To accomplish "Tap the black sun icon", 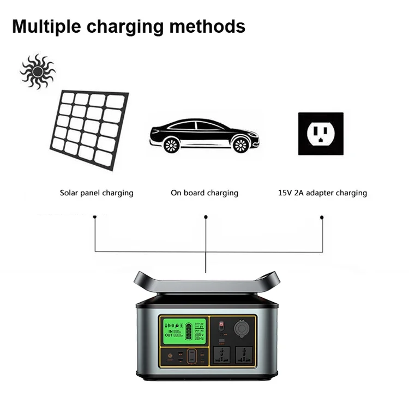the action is tap(38, 71).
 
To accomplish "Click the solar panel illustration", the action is tap(90, 129).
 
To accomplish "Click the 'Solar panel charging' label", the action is tap(97, 193).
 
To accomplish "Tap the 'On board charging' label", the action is tap(204, 193).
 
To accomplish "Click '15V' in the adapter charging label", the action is tap(285, 193).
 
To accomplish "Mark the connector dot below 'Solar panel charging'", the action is tap(95, 217).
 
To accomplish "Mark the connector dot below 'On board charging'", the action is tap(206, 217).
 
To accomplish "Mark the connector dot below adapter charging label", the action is tap(321, 217).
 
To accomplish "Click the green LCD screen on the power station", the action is tap(183, 330).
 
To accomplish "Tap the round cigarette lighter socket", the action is tap(242, 329).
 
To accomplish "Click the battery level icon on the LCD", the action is tap(189, 330).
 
